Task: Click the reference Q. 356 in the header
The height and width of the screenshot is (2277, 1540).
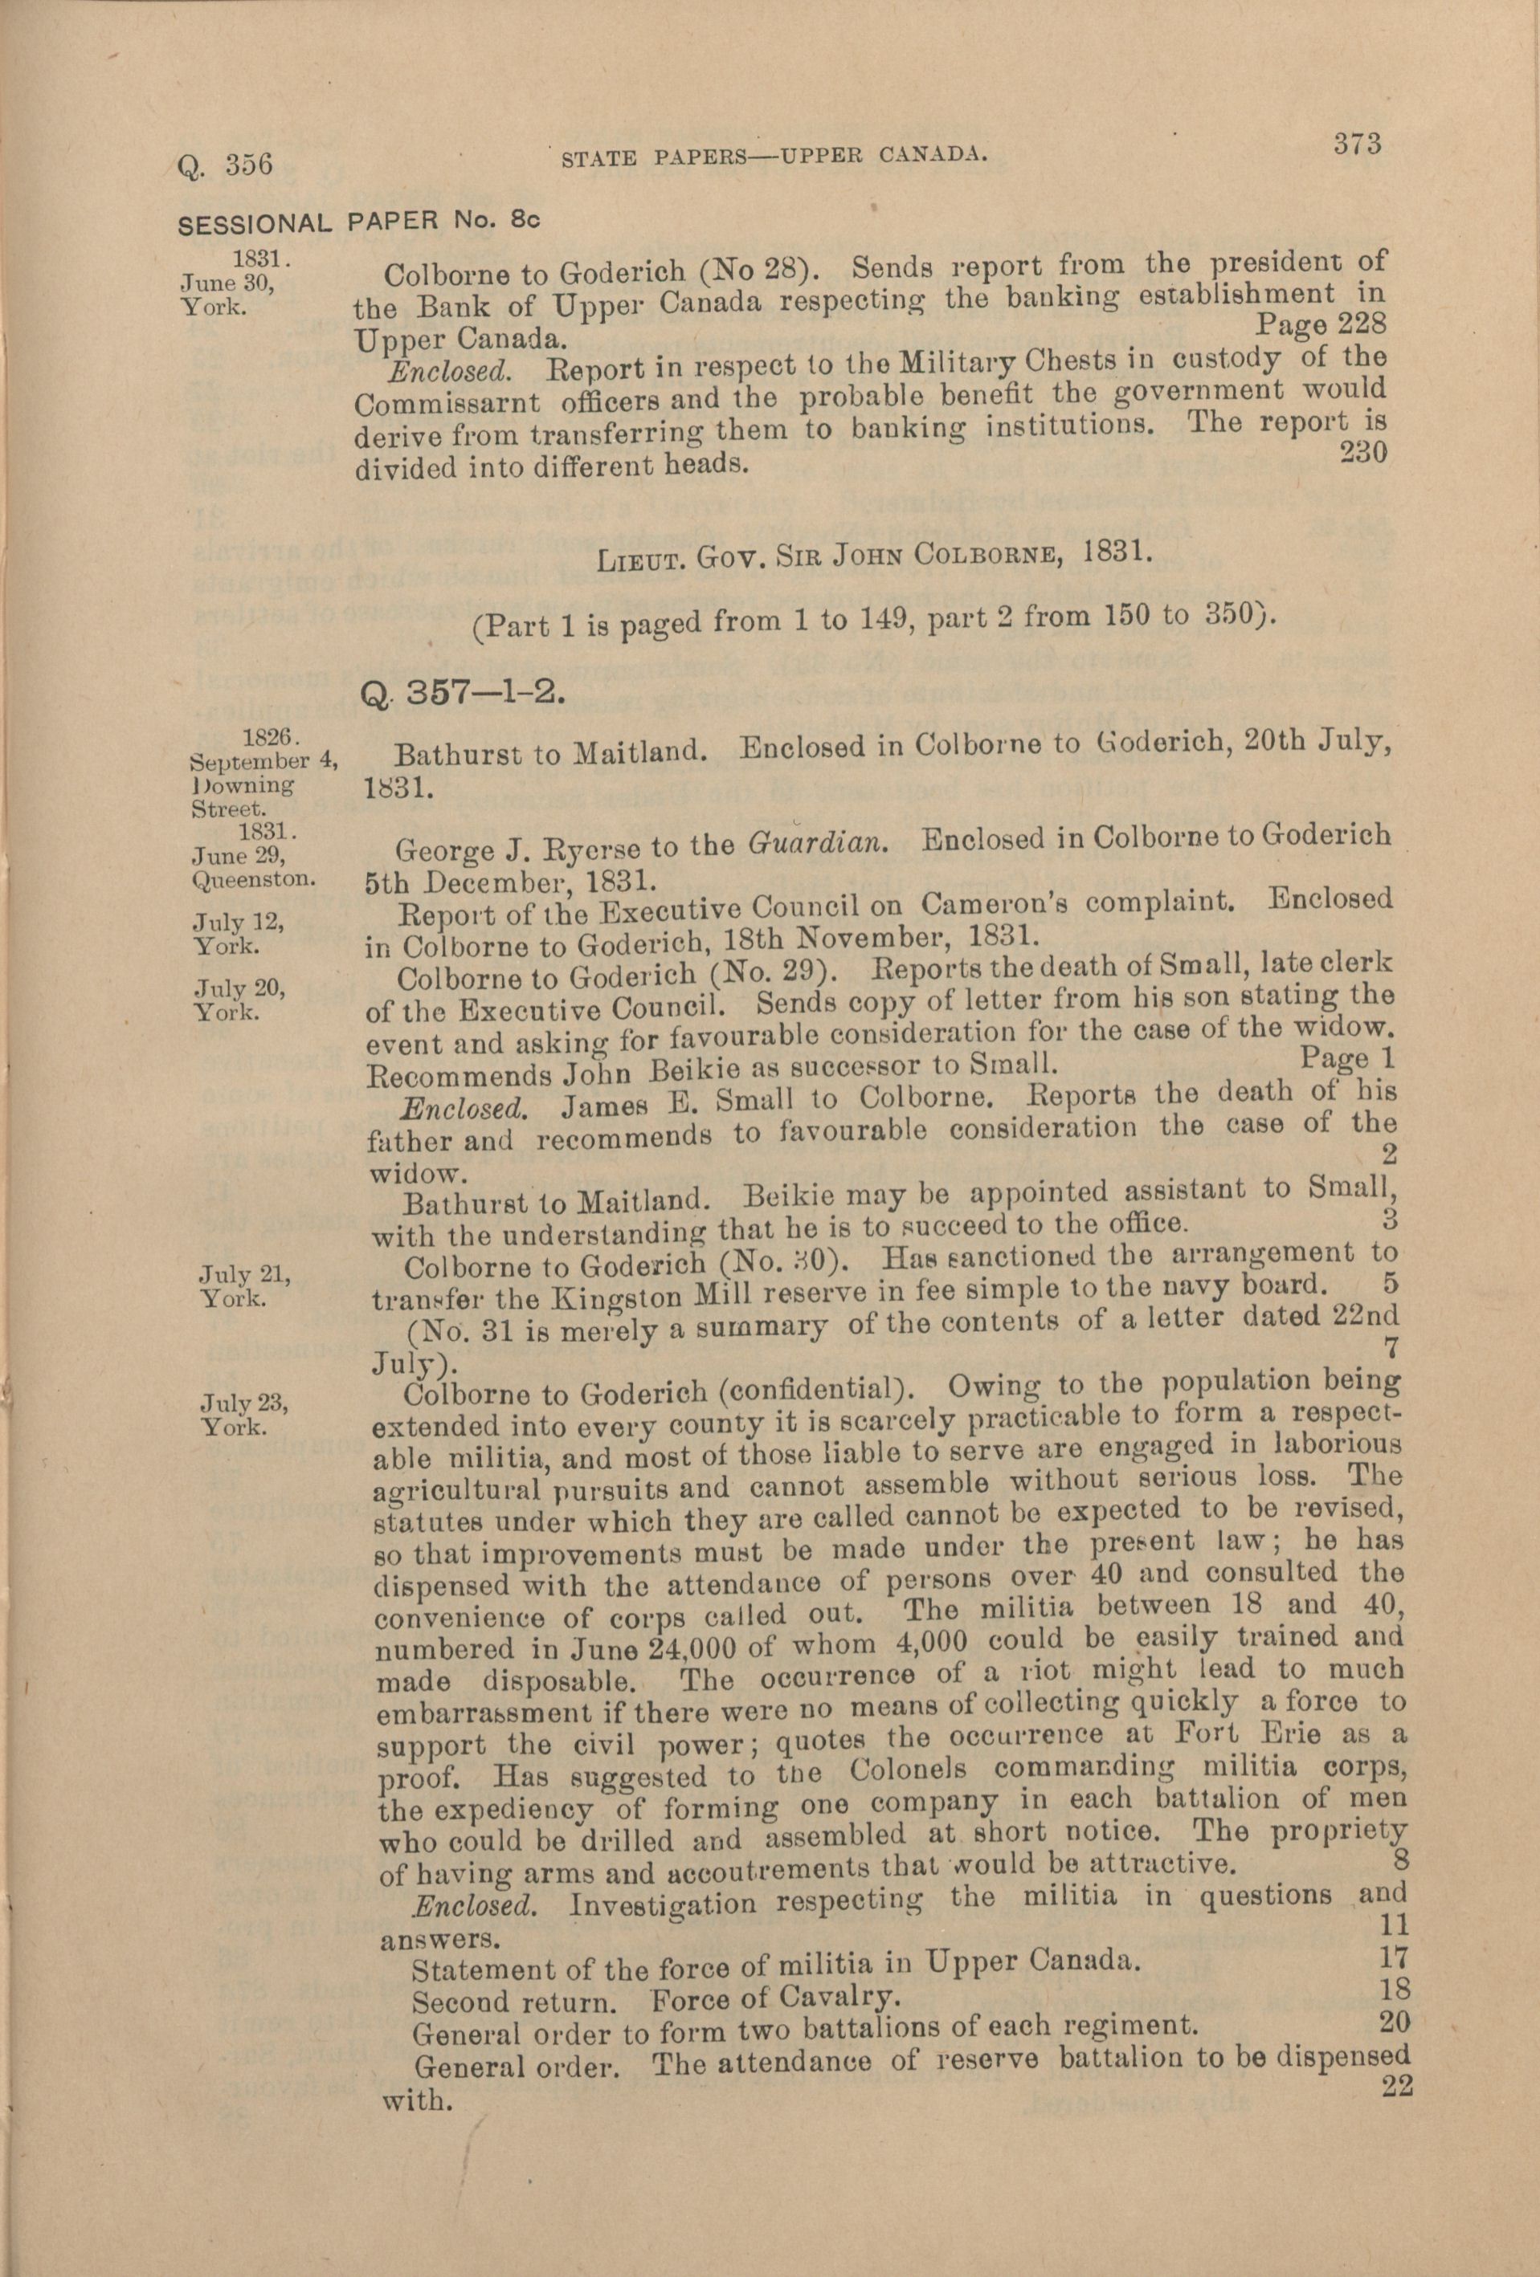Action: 223,163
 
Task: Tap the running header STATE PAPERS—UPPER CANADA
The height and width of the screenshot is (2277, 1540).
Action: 773,156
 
